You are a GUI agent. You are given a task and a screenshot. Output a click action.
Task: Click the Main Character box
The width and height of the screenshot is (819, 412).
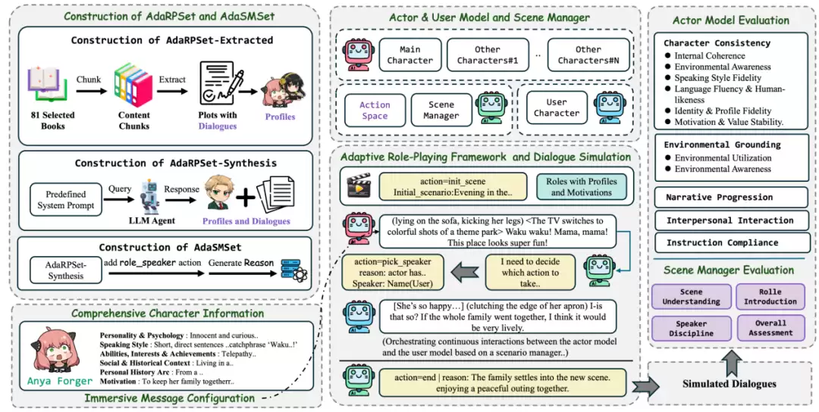click(x=410, y=55)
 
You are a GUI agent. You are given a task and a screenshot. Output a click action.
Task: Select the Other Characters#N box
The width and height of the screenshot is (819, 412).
click(x=588, y=55)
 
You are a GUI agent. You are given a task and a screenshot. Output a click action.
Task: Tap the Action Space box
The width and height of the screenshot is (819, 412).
click(x=374, y=110)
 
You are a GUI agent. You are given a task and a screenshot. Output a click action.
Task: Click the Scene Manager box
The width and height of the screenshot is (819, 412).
click(x=441, y=110)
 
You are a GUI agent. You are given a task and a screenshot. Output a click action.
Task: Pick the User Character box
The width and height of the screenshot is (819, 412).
click(x=556, y=108)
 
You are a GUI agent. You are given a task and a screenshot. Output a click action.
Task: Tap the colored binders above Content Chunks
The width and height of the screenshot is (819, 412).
click(x=133, y=84)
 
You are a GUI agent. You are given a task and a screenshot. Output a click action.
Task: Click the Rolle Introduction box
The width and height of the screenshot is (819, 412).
click(x=770, y=296)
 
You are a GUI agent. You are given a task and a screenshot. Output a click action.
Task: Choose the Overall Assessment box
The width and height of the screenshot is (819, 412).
click(x=770, y=328)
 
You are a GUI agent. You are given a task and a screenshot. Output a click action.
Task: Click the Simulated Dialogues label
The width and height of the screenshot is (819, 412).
click(x=730, y=384)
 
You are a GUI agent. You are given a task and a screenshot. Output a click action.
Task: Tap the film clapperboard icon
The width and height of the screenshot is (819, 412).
click(x=358, y=185)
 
